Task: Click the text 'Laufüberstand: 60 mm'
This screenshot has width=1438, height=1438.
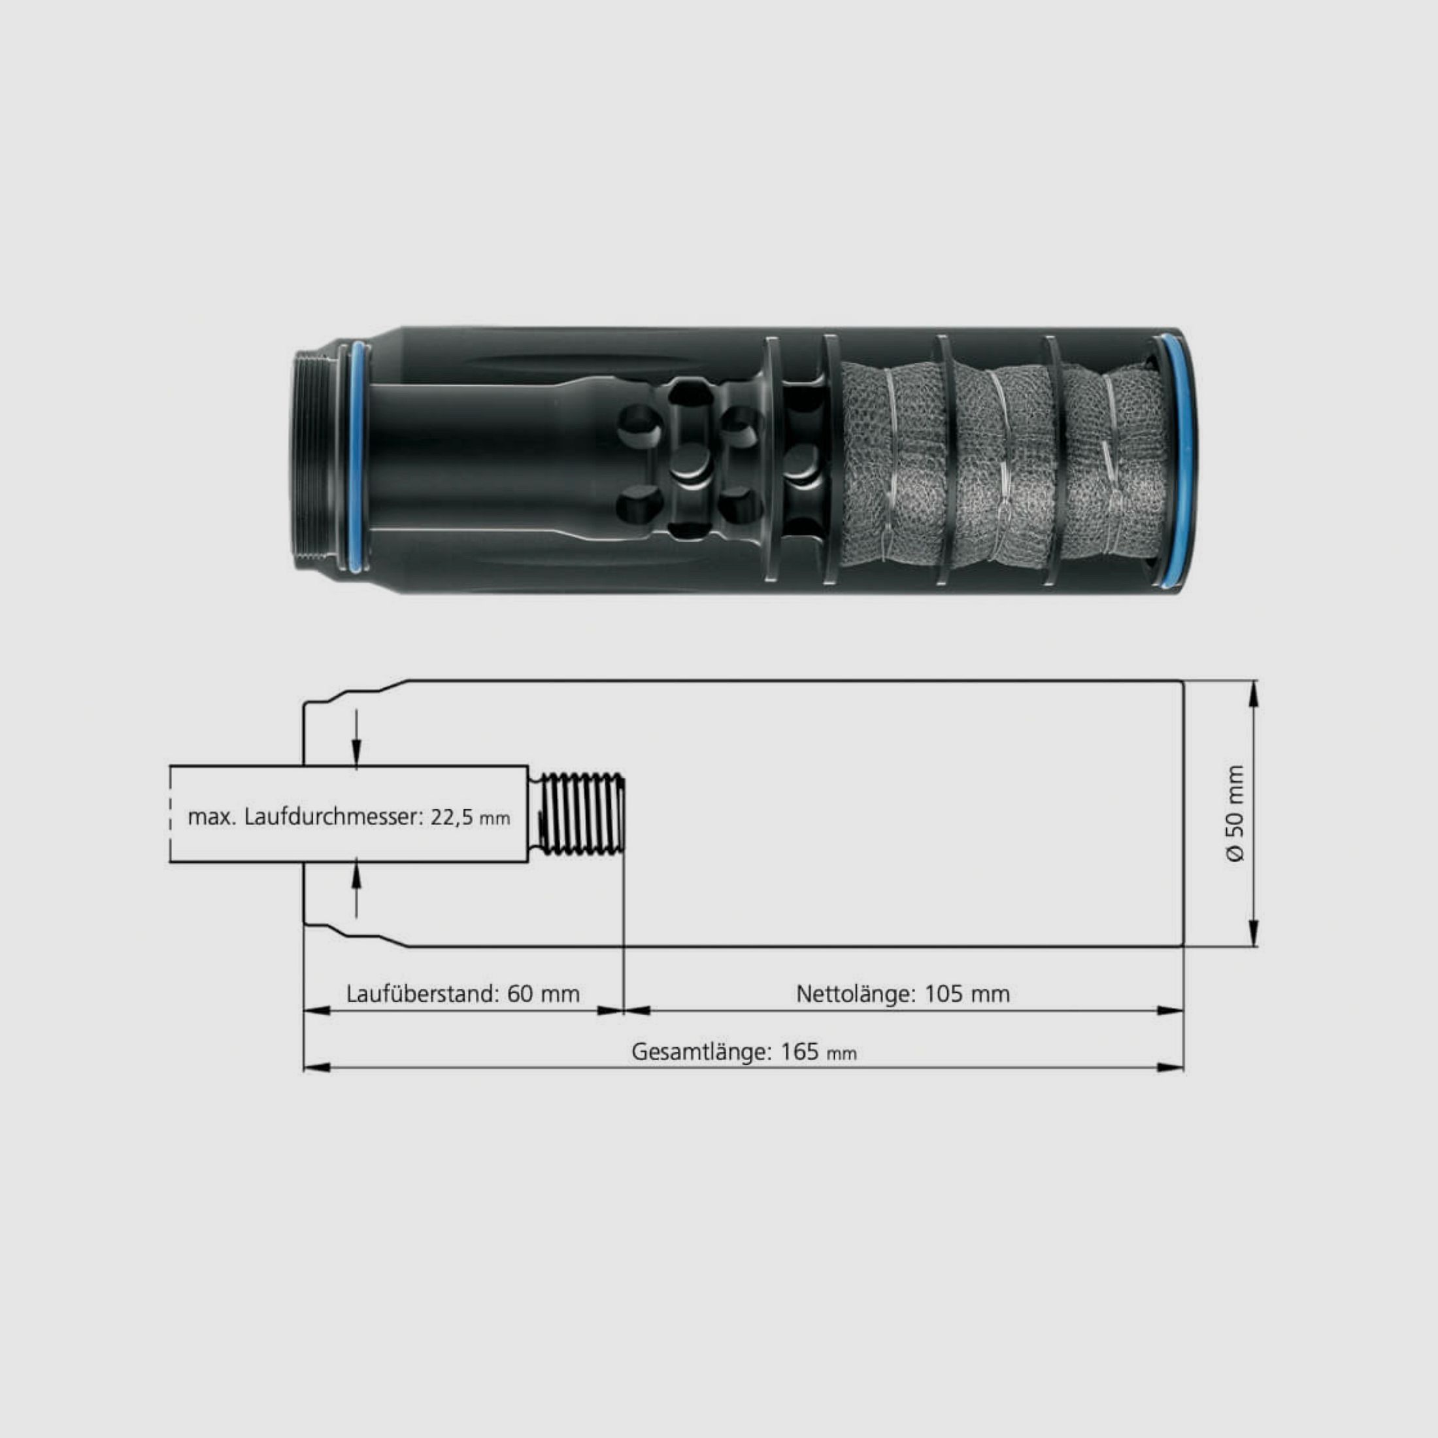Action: pos(462,994)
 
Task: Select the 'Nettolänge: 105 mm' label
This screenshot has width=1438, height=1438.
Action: pos(902,994)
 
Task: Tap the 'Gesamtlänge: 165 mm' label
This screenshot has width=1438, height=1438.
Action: pos(744,1052)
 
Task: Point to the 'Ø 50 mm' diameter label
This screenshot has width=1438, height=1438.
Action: pos(1235,814)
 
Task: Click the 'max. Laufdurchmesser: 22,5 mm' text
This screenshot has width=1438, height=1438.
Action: pos(348,817)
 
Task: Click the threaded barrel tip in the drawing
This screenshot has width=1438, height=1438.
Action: pos(580,814)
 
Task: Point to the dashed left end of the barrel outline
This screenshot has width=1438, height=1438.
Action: pos(171,814)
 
